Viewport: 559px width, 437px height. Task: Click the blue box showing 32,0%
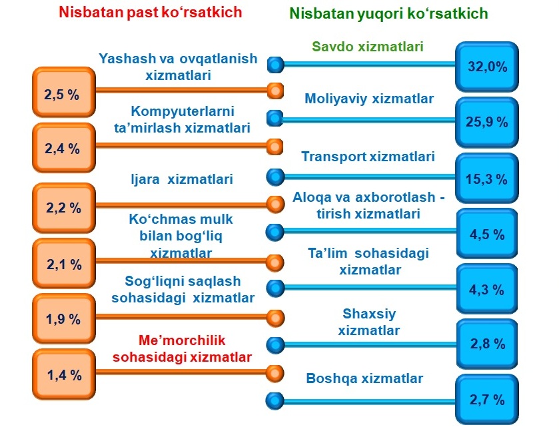click(x=487, y=67)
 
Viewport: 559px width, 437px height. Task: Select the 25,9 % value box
click(x=487, y=123)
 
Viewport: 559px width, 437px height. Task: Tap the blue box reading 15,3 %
click(x=487, y=179)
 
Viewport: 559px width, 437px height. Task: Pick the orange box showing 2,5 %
click(x=64, y=92)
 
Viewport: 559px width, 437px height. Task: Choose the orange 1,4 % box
click(x=64, y=374)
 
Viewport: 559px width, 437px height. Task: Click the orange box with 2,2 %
click(x=64, y=208)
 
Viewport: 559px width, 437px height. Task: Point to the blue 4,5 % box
click(x=487, y=233)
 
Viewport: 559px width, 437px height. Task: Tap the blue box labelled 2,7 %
click(x=487, y=399)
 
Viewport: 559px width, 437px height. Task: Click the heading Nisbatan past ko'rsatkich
click(x=151, y=13)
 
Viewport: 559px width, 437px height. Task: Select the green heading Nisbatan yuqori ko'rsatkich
click(x=388, y=13)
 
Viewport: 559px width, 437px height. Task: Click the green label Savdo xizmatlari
click(x=368, y=47)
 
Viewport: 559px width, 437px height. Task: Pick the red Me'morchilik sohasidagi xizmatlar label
click(x=182, y=348)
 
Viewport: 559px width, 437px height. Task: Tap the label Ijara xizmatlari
click(x=182, y=179)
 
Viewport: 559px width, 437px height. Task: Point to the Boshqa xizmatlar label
click(x=364, y=378)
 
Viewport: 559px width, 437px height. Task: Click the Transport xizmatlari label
click(x=368, y=157)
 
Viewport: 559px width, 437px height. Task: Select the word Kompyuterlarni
click(x=183, y=111)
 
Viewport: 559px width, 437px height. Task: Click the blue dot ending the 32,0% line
click(x=276, y=65)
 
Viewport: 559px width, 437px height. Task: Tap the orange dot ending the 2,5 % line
click(x=276, y=91)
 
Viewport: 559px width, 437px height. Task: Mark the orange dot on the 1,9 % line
click(x=276, y=318)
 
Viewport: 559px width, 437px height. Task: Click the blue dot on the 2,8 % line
click(x=276, y=344)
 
